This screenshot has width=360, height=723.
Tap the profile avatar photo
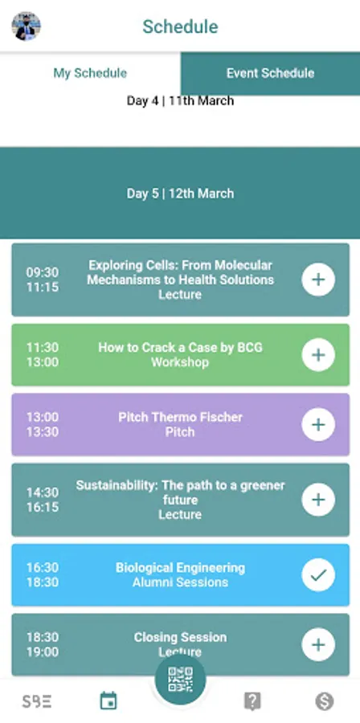pyautogui.click(x=26, y=27)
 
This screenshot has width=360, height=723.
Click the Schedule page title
pyautogui.click(x=180, y=27)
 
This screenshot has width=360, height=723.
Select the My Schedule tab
pyautogui.click(x=90, y=73)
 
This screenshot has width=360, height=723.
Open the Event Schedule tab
pyautogui.click(x=270, y=73)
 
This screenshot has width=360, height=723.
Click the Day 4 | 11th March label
pyautogui.click(x=180, y=100)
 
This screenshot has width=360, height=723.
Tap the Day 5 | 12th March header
pyautogui.click(x=180, y=193)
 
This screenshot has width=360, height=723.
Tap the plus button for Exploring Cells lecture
pyautogui.click(x=318, y=280)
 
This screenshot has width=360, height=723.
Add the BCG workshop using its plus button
pyautogui.click(x=318, y=354)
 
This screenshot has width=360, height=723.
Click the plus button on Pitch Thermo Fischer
pyautogui.click(x=318, y=425)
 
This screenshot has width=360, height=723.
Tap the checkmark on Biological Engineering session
pyautogui.click(x=318, y=574)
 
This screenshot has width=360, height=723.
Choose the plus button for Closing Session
pyautogui.click(x=318, y=644)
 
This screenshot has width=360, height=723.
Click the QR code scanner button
pyautogui.click(x=180, y=679)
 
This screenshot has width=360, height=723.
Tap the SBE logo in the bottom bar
pyautogui.click(x=37, y=701)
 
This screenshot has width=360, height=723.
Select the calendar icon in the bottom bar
pyautogui.click(x=108, y=701)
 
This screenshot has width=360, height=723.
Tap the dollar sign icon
pyautogui.click(x=325, y=701)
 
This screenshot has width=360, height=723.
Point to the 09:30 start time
pyautogui.click(x=43, y=272)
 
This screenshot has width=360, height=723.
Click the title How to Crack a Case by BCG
pyautogui.click(x=180, y=347)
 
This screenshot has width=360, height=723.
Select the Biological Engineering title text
pyautogui.click(x=180, y=568)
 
